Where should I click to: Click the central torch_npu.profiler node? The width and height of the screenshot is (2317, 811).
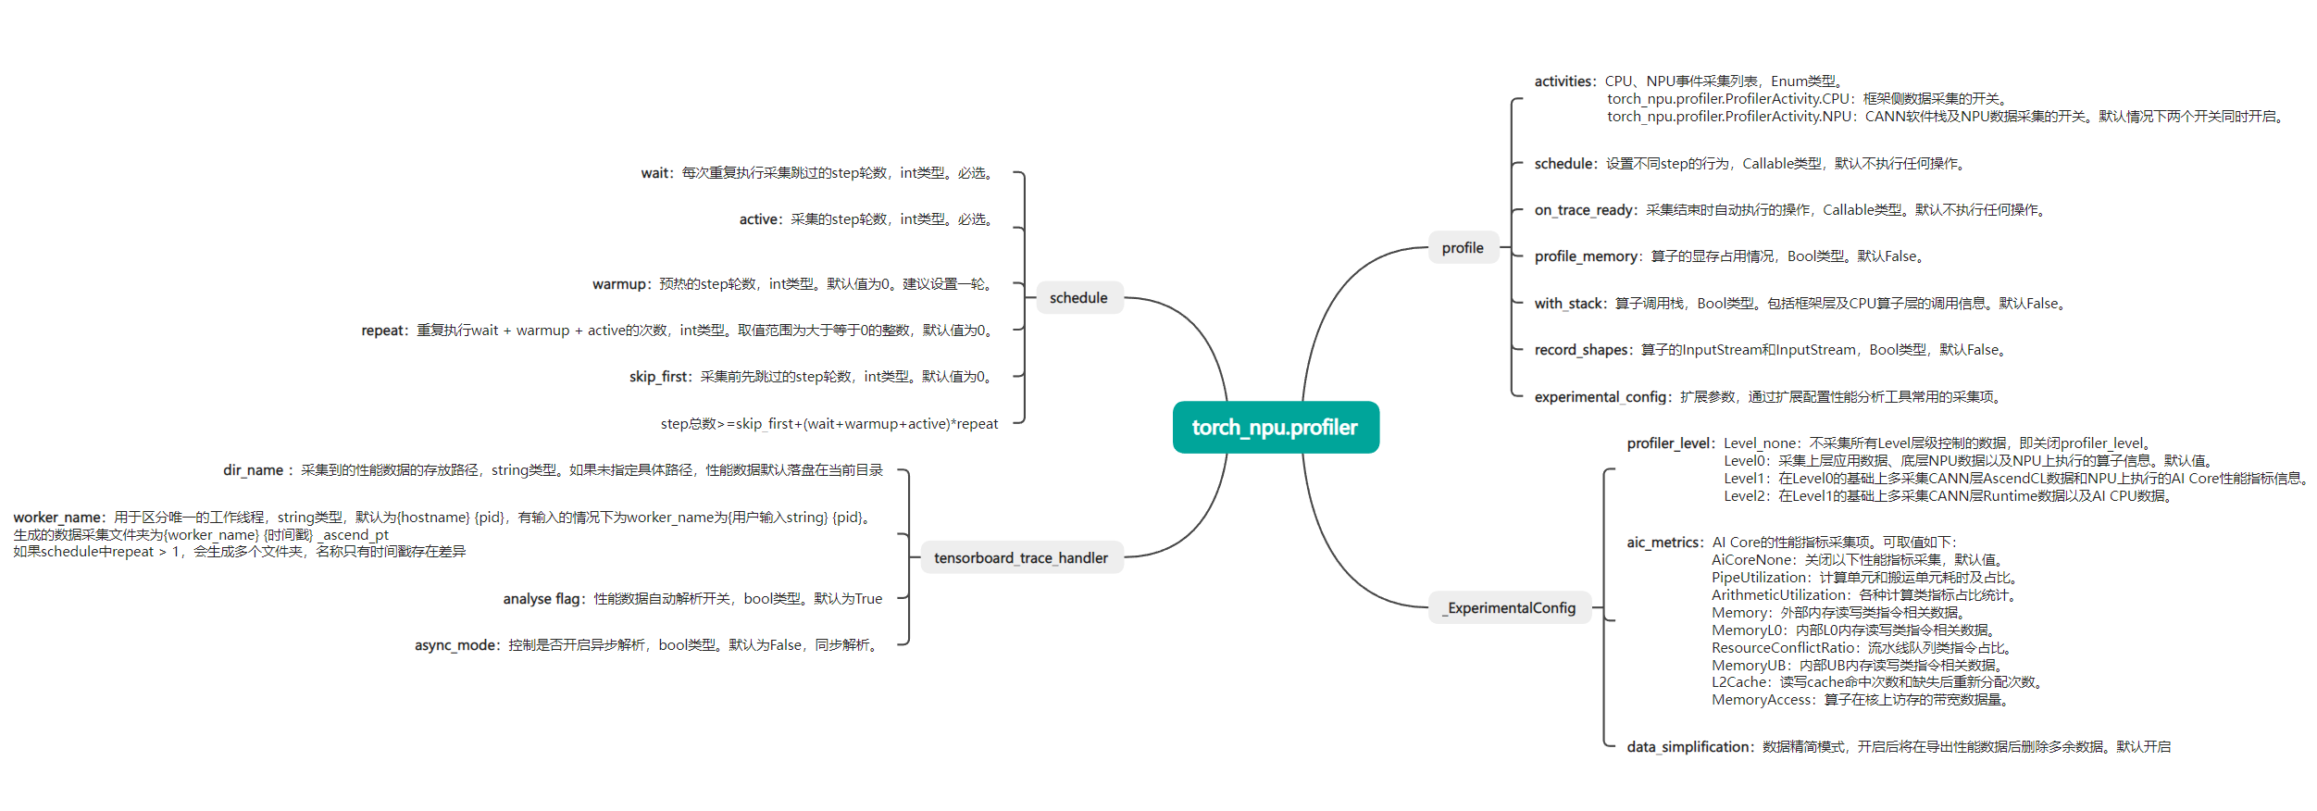tap(1275, 427)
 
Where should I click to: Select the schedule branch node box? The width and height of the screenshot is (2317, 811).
tap(1078, 297)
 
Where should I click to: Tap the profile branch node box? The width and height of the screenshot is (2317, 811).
tap(1463, 247)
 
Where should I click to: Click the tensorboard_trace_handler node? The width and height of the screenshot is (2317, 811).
tap(1020, 557)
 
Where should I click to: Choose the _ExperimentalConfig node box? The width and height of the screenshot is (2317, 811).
tap(1511, 607)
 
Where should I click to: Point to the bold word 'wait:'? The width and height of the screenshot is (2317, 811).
tap(657, 173)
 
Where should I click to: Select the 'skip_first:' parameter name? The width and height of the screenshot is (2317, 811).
tap(660, 377)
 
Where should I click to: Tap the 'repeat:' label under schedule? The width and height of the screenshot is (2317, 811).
tap(384, 331)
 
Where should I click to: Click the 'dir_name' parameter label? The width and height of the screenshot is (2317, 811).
tap(253, 470)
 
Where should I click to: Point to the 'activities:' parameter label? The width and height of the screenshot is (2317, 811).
tap(1565, 81)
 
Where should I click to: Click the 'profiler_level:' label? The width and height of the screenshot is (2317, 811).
tap(1671, 443)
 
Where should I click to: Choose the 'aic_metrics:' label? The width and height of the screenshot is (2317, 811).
tap(1664, 543)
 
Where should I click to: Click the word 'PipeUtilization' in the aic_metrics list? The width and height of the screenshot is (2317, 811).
tap(1759, 578)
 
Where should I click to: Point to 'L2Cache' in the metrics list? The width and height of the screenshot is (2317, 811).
tap(1739, 682)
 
